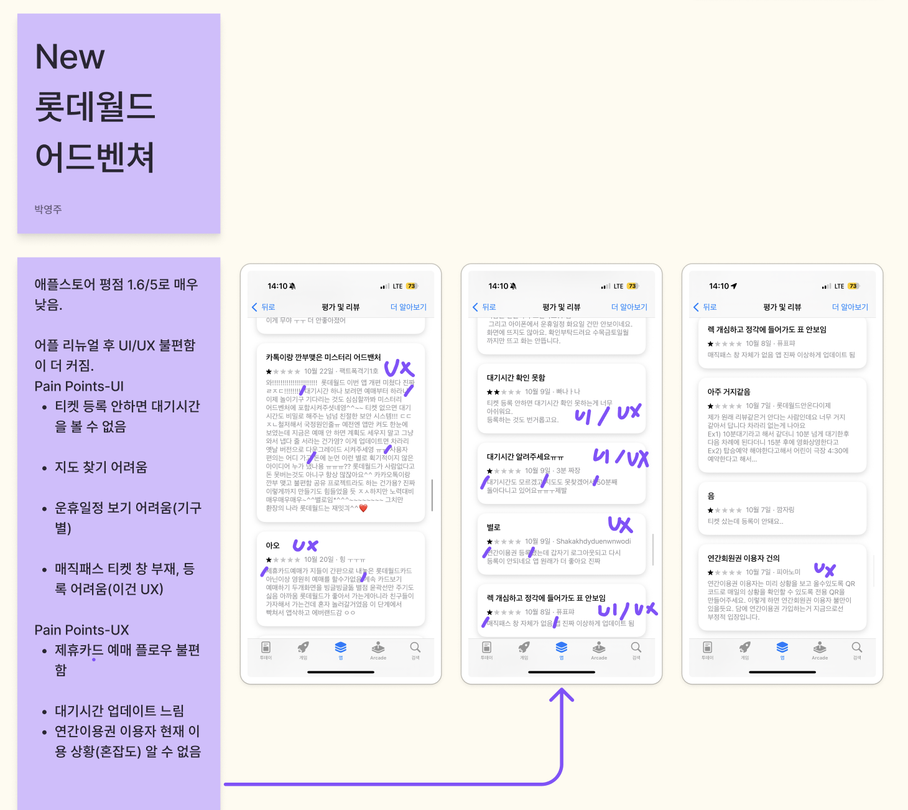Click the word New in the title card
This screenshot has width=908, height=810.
(70, 57)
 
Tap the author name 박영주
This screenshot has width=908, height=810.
(48, 210)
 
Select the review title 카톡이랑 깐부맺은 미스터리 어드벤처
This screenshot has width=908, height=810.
(323, 357)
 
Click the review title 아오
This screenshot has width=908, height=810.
(272, 546)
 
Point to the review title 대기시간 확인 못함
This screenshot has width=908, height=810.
(516, 378)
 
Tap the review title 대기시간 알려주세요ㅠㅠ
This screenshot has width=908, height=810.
(525, 457)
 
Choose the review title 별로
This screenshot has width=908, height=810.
(493, 528)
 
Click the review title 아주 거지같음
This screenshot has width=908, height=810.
(728, 392)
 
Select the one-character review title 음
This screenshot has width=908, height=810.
(711, 496)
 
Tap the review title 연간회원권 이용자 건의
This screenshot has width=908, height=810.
(743, 559)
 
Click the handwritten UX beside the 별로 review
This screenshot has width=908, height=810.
(620, 525)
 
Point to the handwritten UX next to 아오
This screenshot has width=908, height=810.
(305, 546)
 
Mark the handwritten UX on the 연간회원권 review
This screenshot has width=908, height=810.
(825, 569)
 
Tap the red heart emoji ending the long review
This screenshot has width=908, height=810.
(364, 508)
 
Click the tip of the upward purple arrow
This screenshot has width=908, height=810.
(562, 689)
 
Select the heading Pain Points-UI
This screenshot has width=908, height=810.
(79, 386)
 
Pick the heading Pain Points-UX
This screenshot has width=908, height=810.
(81, 630)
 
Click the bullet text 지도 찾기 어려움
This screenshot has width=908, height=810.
(101, 467)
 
